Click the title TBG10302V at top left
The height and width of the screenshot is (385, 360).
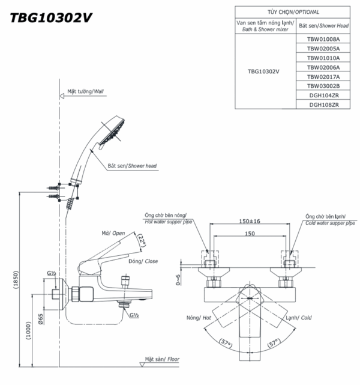pyautogui.click(x=52, y=17)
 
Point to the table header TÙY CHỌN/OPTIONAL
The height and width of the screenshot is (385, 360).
pyautogui.click(x=293, y=12)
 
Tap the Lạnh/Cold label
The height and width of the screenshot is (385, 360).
pyautogui.click(x=298, y=317)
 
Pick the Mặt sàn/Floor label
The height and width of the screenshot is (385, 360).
pyautogui.click(x=159, y=359)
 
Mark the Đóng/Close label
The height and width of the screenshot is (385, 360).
pyautogui.click(x=142, y=262)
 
